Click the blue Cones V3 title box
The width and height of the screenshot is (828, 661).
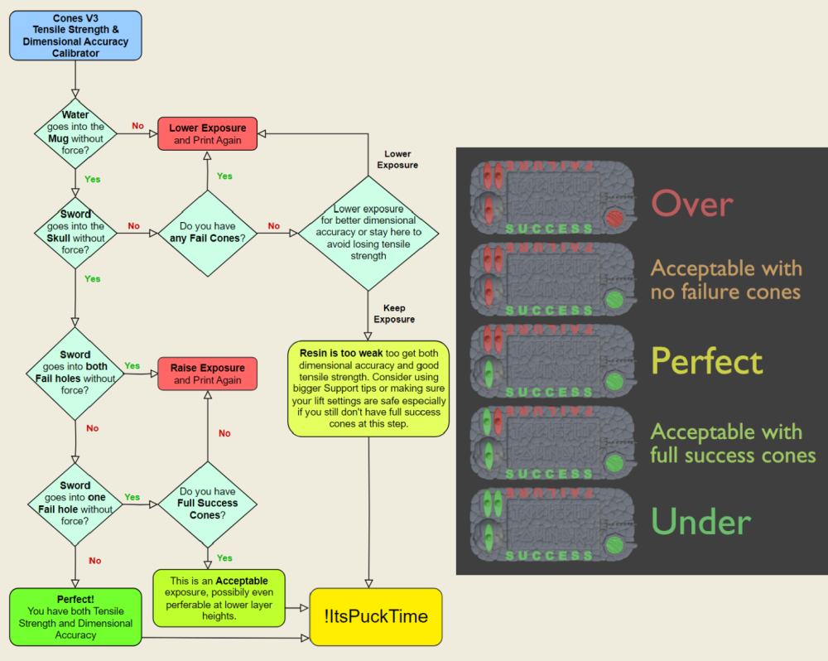(75, 36)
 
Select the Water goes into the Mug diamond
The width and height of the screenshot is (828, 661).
(75, 133)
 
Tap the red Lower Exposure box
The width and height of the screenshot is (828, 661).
(208, 134)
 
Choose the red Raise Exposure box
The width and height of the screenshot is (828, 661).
(208, 374)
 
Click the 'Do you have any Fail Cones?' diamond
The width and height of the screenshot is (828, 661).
(207, 233)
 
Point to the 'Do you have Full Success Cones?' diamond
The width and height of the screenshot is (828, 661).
(207, 503)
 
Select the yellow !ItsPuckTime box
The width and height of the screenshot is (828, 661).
(376, 616)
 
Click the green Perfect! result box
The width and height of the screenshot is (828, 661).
(75, 617)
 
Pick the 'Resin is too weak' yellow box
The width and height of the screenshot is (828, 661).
(368, 388)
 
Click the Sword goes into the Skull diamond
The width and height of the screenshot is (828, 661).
(75, 232)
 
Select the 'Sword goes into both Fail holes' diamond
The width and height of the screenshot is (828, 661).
(75, 373)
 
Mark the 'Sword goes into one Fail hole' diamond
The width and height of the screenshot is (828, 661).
(75, 503)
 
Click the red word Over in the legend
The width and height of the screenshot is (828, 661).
(692, 203)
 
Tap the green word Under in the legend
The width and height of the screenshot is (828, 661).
(700, 522)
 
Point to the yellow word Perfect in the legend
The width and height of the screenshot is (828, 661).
(706, 362)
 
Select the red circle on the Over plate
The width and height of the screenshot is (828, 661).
(614, 219)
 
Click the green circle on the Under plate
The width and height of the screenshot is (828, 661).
(614, 544)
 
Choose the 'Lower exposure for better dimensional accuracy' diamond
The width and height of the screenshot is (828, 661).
(368, 233)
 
